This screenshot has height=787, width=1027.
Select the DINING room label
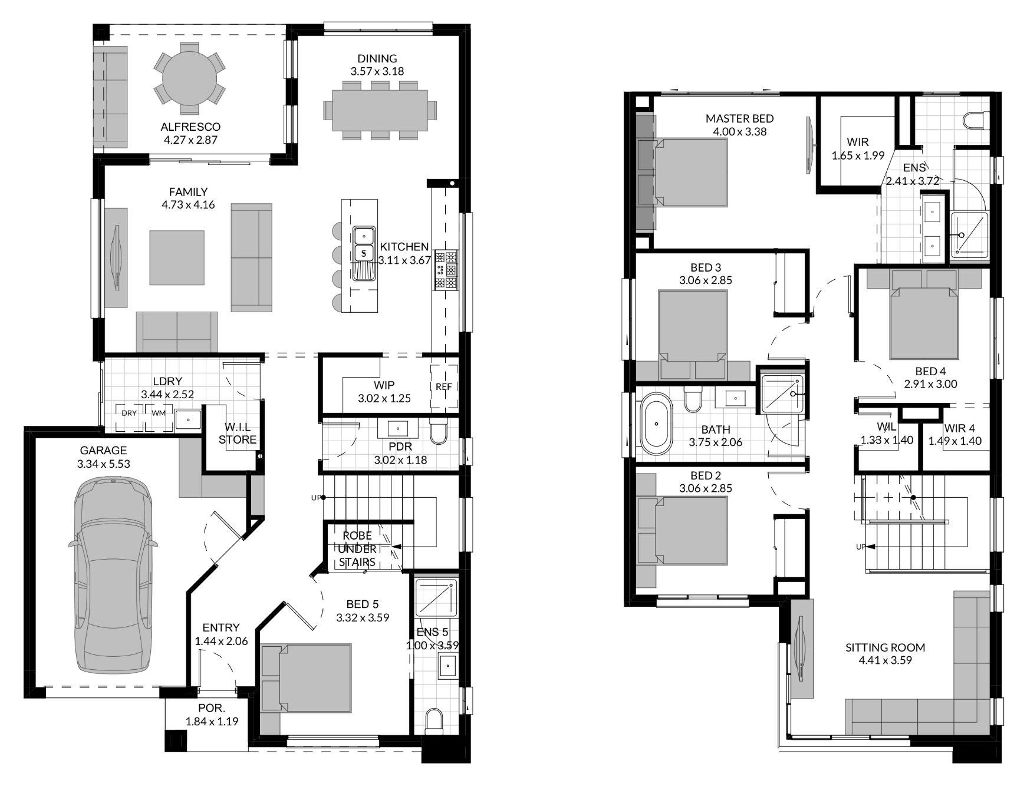coord(377,58)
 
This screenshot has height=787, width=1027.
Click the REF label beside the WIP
coord(443,386)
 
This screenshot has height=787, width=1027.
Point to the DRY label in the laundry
coord(129,413)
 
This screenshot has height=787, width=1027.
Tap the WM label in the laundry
coord(159,413)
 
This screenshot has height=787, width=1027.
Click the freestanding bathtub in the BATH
coord(656,424)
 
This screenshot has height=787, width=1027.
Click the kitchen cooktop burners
coord(446,270)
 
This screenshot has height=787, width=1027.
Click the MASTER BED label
coord(739,118)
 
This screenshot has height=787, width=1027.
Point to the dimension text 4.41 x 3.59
coord(885,660)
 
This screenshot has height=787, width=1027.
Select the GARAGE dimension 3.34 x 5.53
coord(104,464)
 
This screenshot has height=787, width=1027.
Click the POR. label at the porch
coord(212,708)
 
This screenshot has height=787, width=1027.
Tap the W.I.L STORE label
coord(238,433)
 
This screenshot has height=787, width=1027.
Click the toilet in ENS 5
coord(434,722)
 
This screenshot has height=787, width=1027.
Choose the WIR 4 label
coord(959,428)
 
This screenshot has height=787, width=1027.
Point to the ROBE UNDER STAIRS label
coord(357,548)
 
